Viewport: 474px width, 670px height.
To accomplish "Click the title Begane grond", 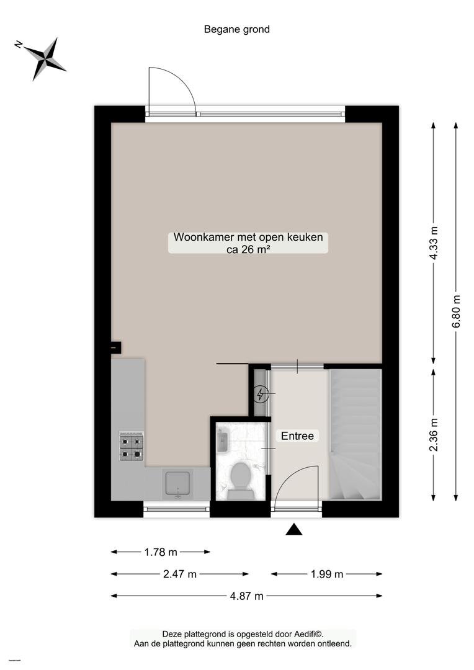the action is tap(237, 30).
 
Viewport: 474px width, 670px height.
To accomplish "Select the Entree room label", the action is tap(297, 436).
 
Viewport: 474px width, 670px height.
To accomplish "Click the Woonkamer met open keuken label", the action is tap(248, 237).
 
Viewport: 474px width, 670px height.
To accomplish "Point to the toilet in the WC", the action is tap(241, 480).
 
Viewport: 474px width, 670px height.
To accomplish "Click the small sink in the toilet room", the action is tap(222, 442).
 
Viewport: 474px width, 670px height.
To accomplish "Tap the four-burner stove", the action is tap(131, 446).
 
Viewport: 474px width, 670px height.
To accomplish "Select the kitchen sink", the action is tap(177, 485).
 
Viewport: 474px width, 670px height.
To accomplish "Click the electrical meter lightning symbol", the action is tap(261, 394).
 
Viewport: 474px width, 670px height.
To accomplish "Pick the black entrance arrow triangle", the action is tap(294, 529).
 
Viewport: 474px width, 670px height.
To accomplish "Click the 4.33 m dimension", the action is tap(434, 243).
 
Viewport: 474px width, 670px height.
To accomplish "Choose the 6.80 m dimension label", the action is tap(456, 311).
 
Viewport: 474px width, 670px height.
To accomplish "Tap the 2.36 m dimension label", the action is tap(434, 434).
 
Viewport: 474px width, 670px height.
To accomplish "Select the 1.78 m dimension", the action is tap(161, 552).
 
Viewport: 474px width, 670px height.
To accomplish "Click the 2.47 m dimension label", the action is tap(180, 574).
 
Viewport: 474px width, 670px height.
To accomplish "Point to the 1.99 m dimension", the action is tap(327, 574).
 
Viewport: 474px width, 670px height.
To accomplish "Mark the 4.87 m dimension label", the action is tap(247, 596).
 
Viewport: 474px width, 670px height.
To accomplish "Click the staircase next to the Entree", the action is tap(355, 434).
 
